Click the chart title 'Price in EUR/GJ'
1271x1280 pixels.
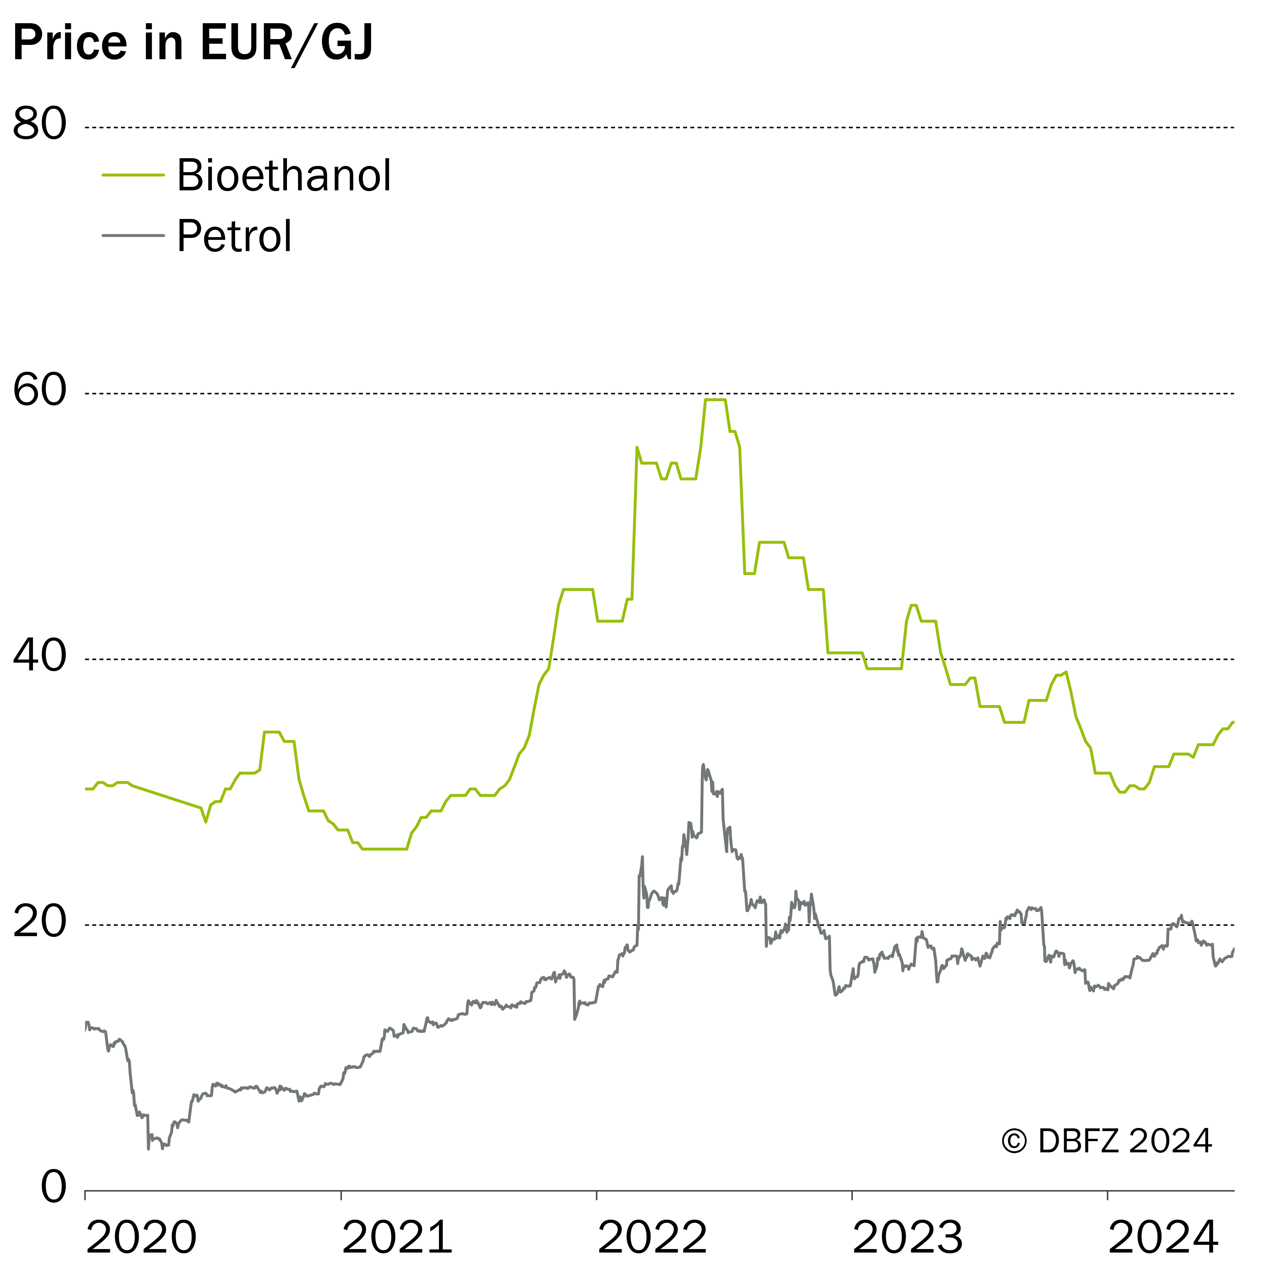(x=193, y=44)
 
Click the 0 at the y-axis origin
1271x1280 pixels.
(x=54, y=1187)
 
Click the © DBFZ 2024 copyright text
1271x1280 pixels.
(x=1107, y=1141)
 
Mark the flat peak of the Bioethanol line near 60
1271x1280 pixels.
(x=715, y=400)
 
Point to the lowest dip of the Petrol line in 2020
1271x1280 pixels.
(x=149, y=1148)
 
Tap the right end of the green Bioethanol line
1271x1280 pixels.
(x=1233, y=722)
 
